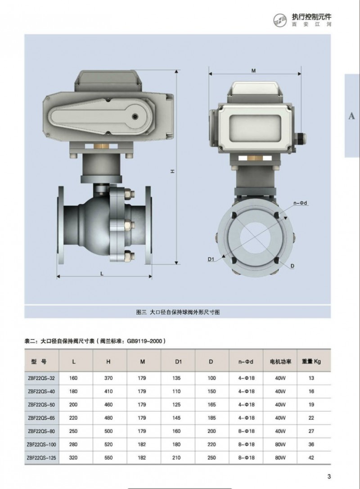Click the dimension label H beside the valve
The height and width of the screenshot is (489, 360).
[x=172, y=171]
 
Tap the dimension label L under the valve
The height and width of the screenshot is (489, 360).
[x=102, y=274]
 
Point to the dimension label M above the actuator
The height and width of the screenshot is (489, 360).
[x=253, y=71]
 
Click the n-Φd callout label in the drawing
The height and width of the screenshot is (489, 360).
[x=301, y=203]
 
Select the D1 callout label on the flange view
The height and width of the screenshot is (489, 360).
[x=211, y=259]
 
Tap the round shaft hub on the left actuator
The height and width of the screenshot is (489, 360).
[x=136, y=116]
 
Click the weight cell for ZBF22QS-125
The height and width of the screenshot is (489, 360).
[x=311, y=457]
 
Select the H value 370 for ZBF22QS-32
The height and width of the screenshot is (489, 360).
[x=108, y=378]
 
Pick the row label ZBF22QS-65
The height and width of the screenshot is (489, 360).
[x=41, y=418]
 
